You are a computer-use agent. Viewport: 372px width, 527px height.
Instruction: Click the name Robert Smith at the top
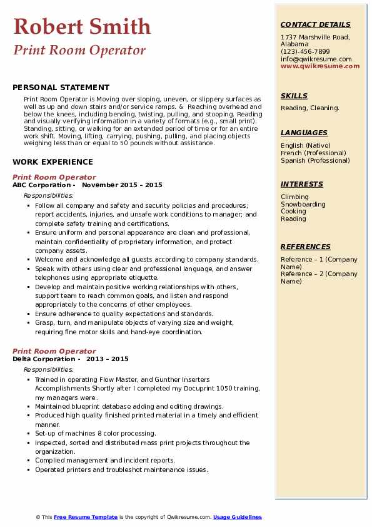[82, 26]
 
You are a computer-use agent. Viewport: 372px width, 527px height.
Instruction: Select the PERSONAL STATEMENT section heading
[61, 88]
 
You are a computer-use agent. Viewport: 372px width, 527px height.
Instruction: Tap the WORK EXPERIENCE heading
[53, 161]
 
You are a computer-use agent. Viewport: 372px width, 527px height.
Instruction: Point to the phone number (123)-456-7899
[305, 52]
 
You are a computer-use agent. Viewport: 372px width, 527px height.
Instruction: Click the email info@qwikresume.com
[316, 59]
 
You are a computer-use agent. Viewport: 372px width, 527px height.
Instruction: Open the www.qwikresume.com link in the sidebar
[320, 66]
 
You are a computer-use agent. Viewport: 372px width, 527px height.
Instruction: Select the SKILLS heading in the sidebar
[294, 96]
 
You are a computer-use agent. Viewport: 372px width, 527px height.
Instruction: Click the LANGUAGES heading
[304, 133]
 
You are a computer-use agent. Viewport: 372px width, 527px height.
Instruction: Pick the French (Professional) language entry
[313, 153]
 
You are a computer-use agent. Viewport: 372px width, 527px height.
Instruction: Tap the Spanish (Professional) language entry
[315, 160]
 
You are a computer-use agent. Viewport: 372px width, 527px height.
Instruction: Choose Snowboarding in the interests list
[303, 204]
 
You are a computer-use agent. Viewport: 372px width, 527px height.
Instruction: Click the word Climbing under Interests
[294, 197]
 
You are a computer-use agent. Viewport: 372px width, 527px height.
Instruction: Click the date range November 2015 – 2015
[122, 185]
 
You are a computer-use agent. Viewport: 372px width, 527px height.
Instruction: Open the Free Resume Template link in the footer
[85, 517]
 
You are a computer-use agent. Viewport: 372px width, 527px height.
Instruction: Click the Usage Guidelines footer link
[237, 517]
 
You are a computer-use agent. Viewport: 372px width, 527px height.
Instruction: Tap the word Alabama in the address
[294, 44]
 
